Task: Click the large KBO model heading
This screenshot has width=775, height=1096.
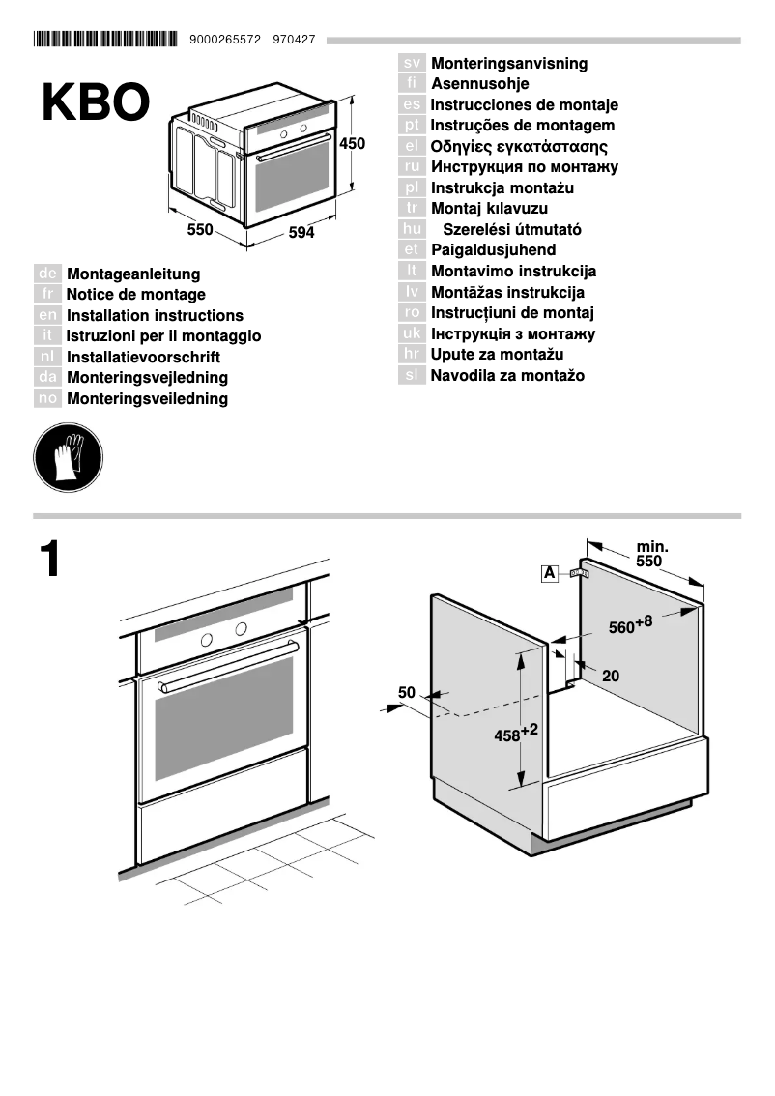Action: coord(96,102)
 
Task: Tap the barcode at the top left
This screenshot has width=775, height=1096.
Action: coord(105,40)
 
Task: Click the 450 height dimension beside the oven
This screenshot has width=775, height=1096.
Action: coord(353,144)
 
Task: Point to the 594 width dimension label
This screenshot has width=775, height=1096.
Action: coord(301,234)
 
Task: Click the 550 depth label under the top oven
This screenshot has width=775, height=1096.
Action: coord(199,230)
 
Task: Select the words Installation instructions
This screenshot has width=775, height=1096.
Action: coord(155,316)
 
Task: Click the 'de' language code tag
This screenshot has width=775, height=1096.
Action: coord(47,274)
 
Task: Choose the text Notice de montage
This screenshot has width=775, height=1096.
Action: coord(135,295)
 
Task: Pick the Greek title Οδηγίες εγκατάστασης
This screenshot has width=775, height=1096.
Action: coord(519,147)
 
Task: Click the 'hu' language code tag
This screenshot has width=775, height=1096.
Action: coord(412,230)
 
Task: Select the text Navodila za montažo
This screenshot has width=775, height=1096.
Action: coord(507,376)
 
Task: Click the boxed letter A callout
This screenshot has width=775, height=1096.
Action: coord(550,574)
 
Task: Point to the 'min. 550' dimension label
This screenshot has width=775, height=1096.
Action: coord(650,554)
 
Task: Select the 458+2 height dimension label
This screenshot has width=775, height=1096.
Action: coord(514,734)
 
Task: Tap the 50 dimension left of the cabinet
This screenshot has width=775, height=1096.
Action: coord(406,692)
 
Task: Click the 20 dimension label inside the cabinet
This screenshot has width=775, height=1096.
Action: coord(611,677)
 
